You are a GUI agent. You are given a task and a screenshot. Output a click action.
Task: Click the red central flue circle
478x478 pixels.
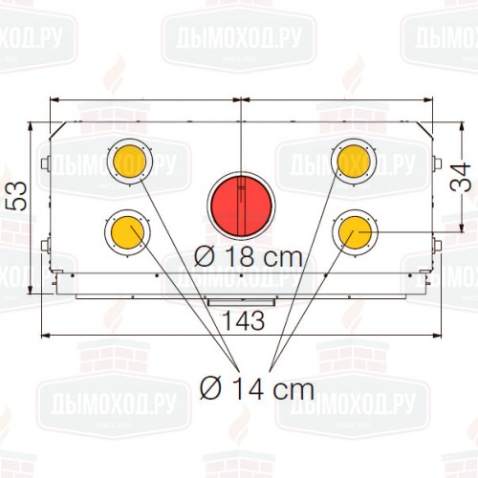241,206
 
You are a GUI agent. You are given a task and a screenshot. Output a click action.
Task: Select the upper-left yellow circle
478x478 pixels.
129,162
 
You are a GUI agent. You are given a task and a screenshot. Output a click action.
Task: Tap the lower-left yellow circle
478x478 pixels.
127,232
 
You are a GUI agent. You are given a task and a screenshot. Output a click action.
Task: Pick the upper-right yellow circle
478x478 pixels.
354,162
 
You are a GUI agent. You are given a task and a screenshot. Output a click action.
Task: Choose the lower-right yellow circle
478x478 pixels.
355,232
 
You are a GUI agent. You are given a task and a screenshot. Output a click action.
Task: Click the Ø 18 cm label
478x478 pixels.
249,257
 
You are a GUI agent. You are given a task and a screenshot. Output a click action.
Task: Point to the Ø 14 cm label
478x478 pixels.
257,389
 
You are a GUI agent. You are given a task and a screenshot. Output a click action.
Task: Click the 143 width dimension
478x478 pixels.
243,320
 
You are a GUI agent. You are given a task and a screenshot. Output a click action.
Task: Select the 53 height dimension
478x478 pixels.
16,196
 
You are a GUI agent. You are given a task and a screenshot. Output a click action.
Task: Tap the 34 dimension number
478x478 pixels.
461,177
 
